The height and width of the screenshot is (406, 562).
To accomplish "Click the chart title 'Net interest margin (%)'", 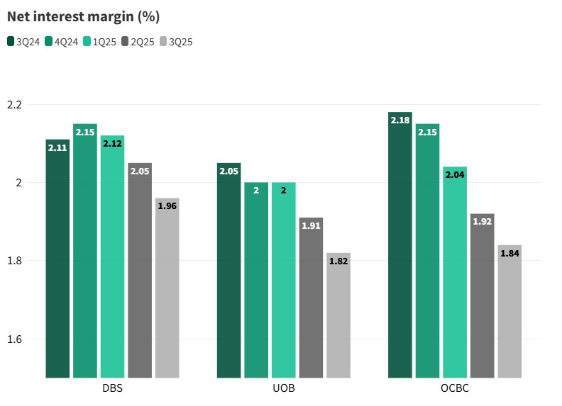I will [x=82, y=16].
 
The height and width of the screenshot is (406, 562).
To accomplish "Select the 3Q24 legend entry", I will [x=23, y=42].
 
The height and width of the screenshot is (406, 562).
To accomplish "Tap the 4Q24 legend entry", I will [x=62, y=42].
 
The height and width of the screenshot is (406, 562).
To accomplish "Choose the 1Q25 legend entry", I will [x=100, y=42].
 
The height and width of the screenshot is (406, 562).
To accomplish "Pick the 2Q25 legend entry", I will [x=138, y=42].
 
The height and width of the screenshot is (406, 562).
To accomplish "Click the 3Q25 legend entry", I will [x=176, y=42].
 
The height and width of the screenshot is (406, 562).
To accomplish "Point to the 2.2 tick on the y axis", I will [x=14, y=105].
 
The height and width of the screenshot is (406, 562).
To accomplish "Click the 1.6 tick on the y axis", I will [x=14, y=339].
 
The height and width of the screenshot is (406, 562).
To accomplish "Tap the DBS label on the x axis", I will [x=112, y=390].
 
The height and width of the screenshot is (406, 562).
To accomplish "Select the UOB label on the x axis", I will [x=284, y=390].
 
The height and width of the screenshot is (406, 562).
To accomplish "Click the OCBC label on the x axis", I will [x=455, y=390].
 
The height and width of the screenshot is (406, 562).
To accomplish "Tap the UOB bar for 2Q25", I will [x=312, y=298].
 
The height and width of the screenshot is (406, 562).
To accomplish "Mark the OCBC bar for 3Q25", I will [x=509, y=312].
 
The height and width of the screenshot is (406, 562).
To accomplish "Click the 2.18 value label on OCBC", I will [x=400, y=120].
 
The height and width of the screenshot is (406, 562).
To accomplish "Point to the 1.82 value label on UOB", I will [x=338, y=261].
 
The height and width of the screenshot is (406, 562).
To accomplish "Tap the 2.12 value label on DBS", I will [x=112, y=143].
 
